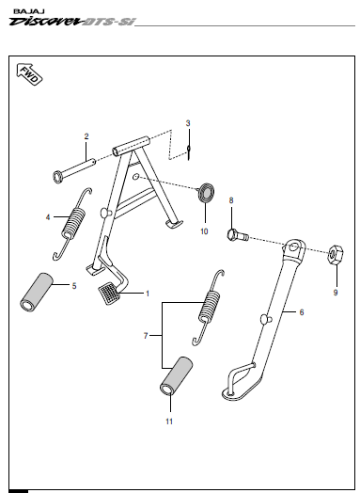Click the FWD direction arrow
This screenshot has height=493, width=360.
[x=29, y=74]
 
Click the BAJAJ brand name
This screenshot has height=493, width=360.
[x=29, y=11]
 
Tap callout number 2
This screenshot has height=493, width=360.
[x=86, y=136]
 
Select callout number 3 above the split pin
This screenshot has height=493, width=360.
[x=188, y=123]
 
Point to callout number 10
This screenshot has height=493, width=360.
[x=204, y=231]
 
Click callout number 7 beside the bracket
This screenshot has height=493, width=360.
[x=146, y=336]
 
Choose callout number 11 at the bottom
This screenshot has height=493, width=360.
[x=169, y=421]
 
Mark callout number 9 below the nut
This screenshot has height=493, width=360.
[x=336, y=293]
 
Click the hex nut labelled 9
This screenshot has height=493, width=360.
[x=336, y=255]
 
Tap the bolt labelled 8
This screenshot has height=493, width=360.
[x=238, y=235]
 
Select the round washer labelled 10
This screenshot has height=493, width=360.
[x=206, y=193]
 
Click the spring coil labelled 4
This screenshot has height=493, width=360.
[x=74, y=222]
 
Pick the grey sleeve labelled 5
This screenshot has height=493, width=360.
[x=37, y=292]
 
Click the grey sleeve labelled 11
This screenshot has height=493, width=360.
[x=176, y=374]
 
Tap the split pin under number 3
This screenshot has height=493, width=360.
[x=189, y=151]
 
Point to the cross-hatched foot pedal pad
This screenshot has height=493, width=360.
[x=109, y=294]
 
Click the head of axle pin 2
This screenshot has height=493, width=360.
[x=57, y=177]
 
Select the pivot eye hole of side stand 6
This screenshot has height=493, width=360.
[x=292, y=247]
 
